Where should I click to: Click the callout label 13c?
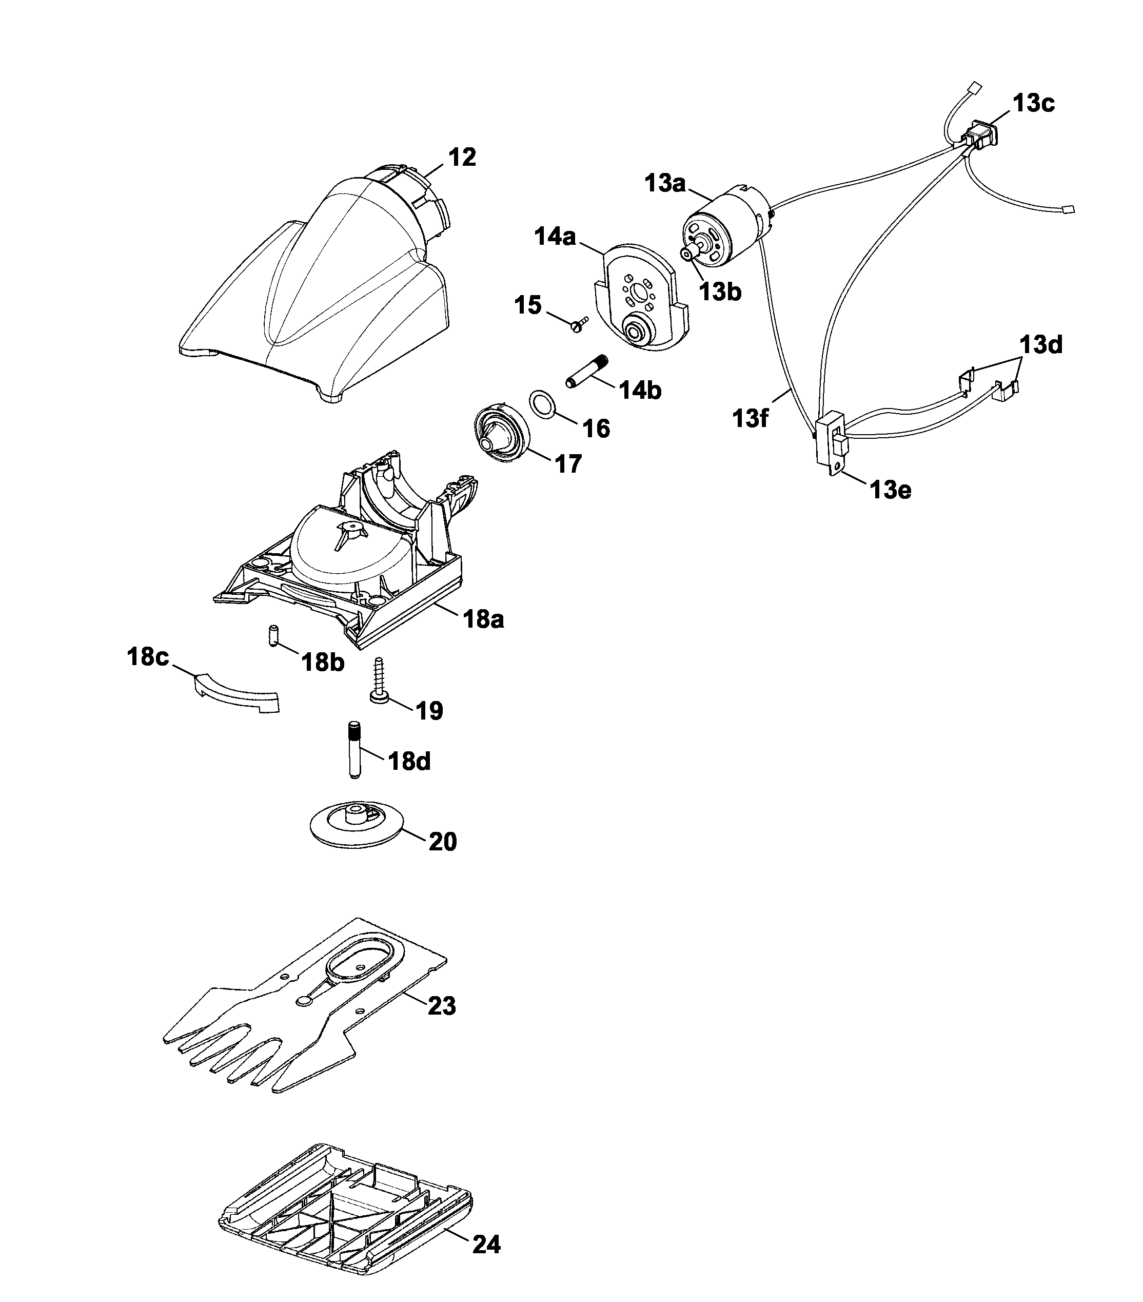click(x=1033, y=103)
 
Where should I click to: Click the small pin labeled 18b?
click(x=272, y=636)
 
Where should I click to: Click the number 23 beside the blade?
click(x=441, y=1006)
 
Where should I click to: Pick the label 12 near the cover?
click(x=462, y=158)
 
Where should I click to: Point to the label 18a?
click(x=483, y=618)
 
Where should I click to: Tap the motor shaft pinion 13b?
click(x=687, y=254)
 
